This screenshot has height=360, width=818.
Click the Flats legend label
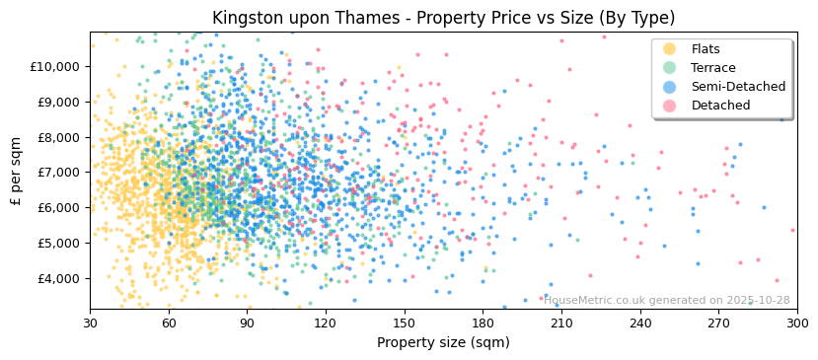click(x=706, y=49)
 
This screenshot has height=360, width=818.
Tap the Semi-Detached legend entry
click(x=738, y=87)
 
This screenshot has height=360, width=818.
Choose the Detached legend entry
click(x=720, y=106)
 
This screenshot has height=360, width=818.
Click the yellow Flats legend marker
click(x=670, y=49)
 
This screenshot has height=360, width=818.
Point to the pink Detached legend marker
click(x=670, y=106)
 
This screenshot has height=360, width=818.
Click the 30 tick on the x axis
click(x=91, y=323)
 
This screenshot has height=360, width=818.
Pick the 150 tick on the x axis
click(x=405, y=323)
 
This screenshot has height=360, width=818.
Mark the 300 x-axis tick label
click(x=797, y=323)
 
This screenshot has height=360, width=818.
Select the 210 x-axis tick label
click(x=561, y=323)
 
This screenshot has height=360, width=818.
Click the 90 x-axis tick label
click(x=248, y=323)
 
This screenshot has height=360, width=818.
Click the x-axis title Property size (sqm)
click(x=443, y=343)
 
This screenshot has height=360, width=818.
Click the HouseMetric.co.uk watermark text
click(x=667, y=301)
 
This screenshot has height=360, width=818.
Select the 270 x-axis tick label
click(x=718, y=323)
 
